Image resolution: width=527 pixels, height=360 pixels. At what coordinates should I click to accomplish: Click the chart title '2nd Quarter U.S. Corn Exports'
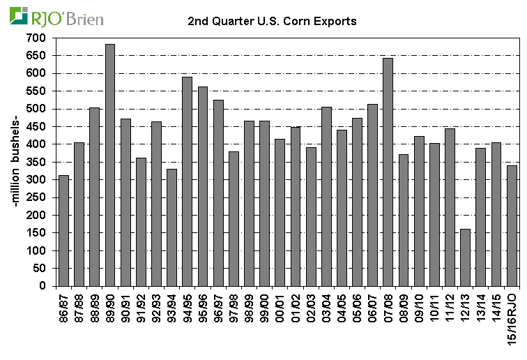pos(273,21)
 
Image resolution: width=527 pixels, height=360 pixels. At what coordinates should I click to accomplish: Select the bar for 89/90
pos(109,165)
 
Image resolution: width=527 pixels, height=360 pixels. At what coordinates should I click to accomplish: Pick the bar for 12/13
pos(465,257)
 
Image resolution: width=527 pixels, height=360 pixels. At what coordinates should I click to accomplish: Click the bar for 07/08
pos(388,172)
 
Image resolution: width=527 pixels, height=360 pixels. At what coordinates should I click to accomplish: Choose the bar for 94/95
pos(187,181)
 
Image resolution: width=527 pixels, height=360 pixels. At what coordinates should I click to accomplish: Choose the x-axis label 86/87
pos(64,307)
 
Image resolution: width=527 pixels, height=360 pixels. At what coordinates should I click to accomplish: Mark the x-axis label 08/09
pos(404,307)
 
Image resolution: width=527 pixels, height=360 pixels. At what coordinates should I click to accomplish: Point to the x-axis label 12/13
pos(466,307)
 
